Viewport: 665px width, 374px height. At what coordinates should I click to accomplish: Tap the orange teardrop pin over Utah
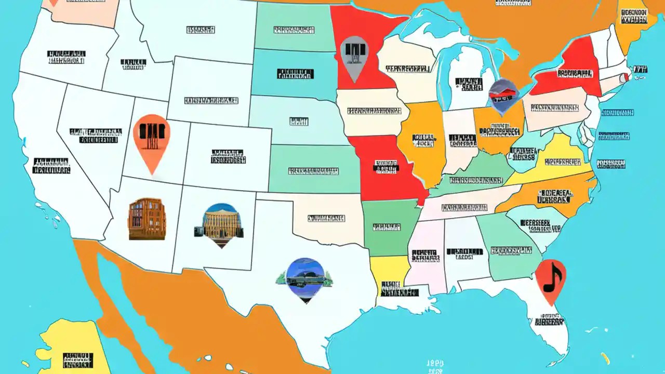(152, 138)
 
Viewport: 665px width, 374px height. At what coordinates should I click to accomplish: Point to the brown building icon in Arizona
(147, 219)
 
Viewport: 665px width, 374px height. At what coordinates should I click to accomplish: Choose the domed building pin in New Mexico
(221, 223)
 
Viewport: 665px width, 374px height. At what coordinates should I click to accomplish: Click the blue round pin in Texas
(305, 278)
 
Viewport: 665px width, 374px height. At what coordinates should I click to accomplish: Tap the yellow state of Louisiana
(387, 270)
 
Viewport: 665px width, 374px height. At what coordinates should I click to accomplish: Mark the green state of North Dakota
(294, 29)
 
